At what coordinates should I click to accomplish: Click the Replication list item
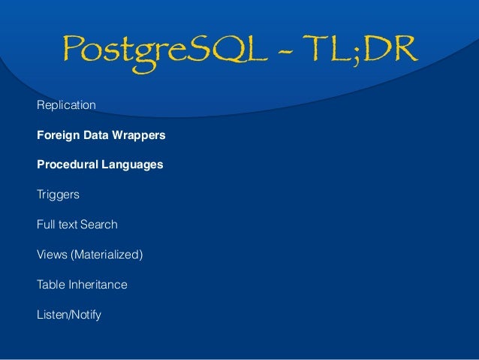(66, 105)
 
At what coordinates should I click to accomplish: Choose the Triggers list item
(58, 195)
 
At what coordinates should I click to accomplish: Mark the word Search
(100, 225)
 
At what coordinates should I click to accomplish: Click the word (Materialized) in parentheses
(107, 255)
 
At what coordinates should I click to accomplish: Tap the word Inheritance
(98, 285)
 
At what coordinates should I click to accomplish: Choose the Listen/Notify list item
(68, 315)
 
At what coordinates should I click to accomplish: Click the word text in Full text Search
(70, 225)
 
